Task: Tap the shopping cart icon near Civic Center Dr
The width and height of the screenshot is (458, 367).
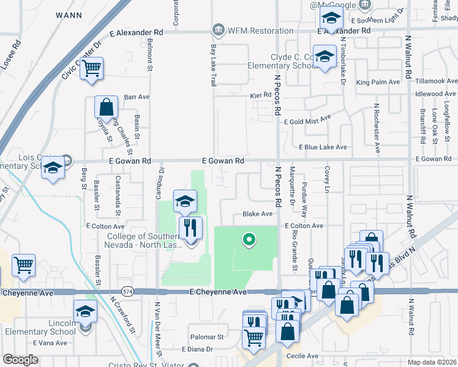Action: [91, 69]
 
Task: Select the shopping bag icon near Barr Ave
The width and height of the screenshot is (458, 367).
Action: [106, 107]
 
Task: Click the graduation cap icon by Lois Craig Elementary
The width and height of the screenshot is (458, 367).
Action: [53, 169]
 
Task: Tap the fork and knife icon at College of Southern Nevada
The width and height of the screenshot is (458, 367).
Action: [190, 228]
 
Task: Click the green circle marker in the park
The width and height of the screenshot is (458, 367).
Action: [249, 240]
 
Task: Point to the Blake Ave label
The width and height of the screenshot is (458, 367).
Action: [257, 214]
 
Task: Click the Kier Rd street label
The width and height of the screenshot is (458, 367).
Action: [260, 95]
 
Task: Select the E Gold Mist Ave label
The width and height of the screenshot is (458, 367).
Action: [308, 119]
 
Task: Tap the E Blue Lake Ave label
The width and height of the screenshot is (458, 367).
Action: [323, 147]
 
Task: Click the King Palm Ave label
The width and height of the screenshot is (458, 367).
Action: [378, 82]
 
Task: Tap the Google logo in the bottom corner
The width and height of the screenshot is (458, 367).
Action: [20, 360]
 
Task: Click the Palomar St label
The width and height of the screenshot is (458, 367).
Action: [208, 337]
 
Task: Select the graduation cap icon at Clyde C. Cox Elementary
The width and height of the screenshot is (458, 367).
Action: [325, 57]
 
